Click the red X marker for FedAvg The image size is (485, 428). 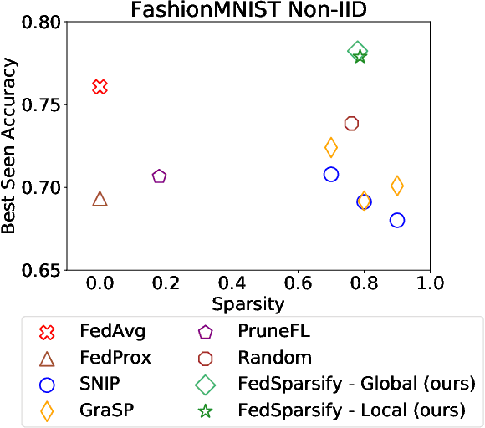(x=100, y=87)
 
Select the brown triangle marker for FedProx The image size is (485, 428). (x=100, y=199)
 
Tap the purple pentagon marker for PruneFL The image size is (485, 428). (x=159, y=176)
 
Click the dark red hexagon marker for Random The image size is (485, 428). (x=351, y=123)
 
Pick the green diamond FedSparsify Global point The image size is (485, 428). (x=357, y=52)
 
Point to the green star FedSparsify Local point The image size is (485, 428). (x=360, y=57)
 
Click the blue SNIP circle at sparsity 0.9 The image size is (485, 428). (x=397, y=220)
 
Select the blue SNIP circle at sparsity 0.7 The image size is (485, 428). (x=331, y=174)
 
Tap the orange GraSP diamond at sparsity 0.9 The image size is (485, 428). (x=397, y=186)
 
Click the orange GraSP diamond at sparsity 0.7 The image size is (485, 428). (x=331, y=147)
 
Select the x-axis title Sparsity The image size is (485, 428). (x=248, y=303)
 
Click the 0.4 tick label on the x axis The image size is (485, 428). (x=232, y=283)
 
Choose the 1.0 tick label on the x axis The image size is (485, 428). (x=429, y=283)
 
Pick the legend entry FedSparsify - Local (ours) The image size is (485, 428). (x=351, y=411)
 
